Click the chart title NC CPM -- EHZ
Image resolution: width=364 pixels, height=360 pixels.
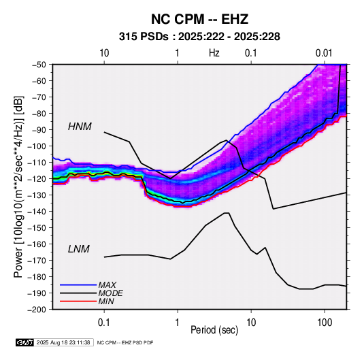(199, 19)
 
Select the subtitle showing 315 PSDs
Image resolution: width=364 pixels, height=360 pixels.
(199, 37)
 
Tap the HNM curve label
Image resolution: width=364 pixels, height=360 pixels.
(80, 127)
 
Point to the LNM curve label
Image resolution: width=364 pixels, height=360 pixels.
(79, 249)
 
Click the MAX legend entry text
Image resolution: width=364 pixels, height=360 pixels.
(107, 284)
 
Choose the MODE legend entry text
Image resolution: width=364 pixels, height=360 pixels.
(110, 293)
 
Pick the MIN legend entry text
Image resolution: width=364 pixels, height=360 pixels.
(106, 301)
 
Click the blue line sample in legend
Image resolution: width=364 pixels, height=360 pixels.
(78, 284)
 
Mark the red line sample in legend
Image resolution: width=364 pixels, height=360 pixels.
(78, 301)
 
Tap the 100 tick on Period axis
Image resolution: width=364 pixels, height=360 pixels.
(325, 323)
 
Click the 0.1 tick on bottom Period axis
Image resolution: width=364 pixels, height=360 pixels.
(104, 323)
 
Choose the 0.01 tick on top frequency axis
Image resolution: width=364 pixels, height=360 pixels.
(324, 53)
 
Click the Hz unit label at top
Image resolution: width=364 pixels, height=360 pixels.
(214, 53)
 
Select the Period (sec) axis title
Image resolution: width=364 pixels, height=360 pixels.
(214, 330)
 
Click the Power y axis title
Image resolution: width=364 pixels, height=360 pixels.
(18, 186)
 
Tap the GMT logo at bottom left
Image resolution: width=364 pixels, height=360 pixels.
(24, 342)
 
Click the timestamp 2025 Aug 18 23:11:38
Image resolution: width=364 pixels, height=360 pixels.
(63, 342)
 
